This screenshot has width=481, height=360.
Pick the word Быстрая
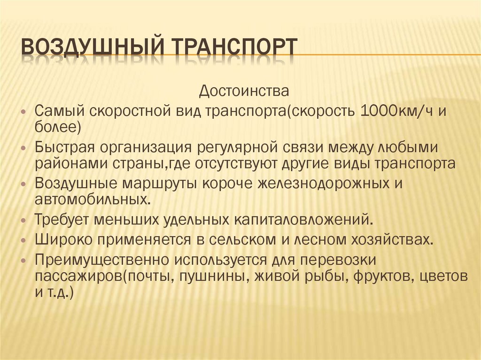[x=64, y=148]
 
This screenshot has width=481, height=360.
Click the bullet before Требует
[x=24, y=220]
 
